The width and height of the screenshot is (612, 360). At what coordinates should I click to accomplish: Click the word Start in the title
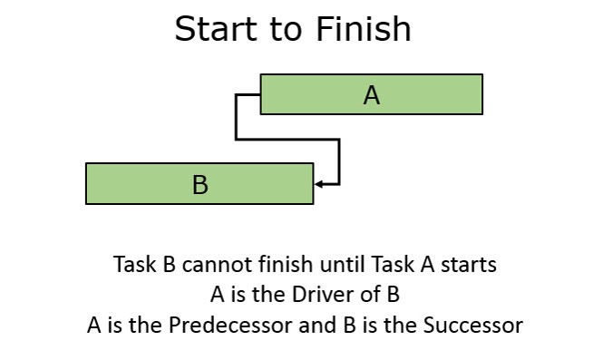point(211,29)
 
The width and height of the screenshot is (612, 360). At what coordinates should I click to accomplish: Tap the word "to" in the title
point(287,29)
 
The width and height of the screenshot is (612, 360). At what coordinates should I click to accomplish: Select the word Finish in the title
point(364,29)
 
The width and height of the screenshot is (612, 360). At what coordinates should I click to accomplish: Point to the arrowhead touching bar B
point(319,184)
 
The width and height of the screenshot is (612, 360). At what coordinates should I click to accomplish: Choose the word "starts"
point(468,265)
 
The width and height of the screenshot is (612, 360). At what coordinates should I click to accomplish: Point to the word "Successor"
point(475,325)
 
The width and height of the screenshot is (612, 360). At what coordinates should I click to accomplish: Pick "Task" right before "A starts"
point(392,265)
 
